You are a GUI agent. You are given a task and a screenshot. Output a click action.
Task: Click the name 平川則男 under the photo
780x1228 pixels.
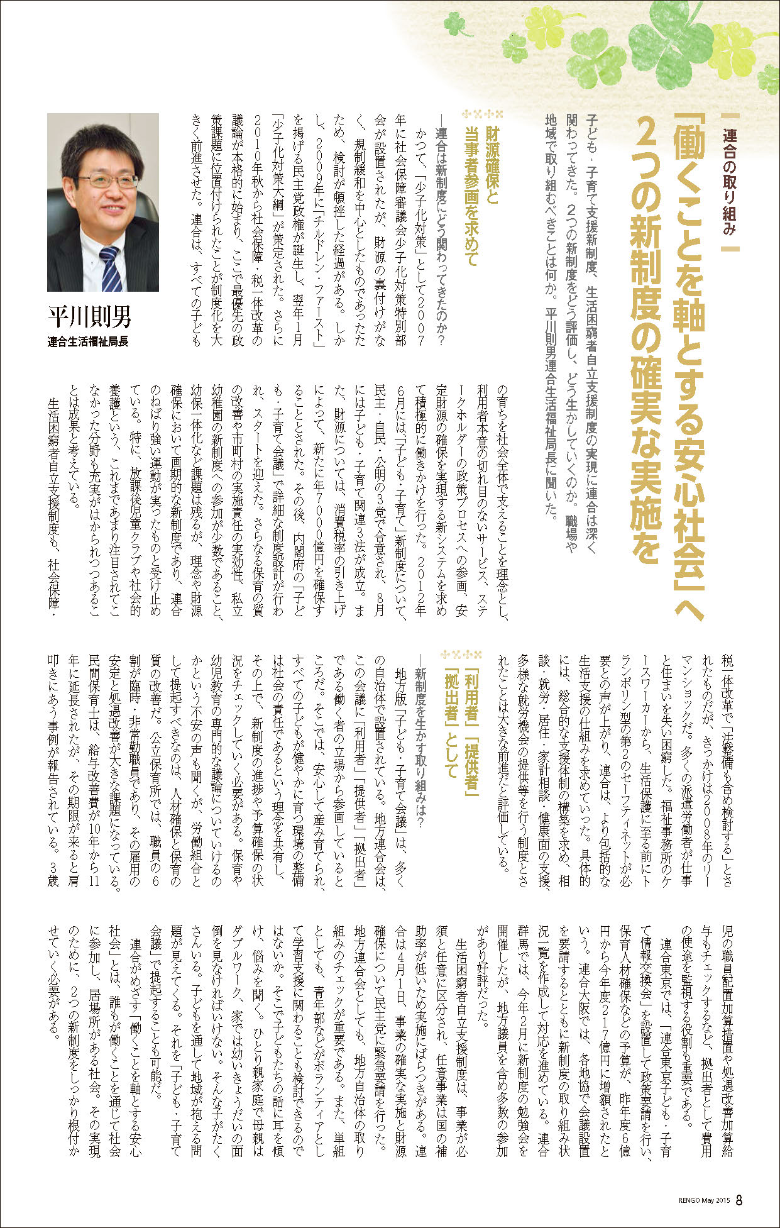pos(91,316)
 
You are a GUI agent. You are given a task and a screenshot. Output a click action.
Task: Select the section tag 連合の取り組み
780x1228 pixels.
pos(728,182)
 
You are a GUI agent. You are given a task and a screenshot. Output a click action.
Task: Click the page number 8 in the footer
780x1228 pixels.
pos(739,1200)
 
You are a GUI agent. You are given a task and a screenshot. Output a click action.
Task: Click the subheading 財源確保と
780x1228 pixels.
pos(492,167)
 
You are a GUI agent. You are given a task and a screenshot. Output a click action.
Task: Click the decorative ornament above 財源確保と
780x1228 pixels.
pos(482,114)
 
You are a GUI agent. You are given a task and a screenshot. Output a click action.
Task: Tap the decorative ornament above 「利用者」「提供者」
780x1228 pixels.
pos(462,652)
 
